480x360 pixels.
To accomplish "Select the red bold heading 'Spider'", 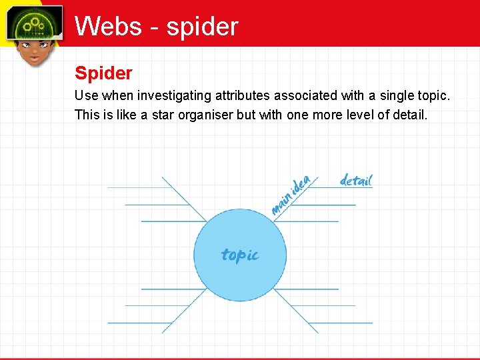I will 103,73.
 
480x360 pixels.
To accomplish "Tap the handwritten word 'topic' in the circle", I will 239,255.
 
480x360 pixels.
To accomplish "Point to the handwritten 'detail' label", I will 356,180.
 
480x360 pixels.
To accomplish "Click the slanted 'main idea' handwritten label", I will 292,195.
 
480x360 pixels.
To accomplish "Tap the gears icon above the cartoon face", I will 33,25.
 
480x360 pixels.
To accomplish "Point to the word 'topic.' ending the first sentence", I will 434,96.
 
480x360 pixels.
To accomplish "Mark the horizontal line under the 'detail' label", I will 347,189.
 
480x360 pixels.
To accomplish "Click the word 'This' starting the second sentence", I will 87,115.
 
